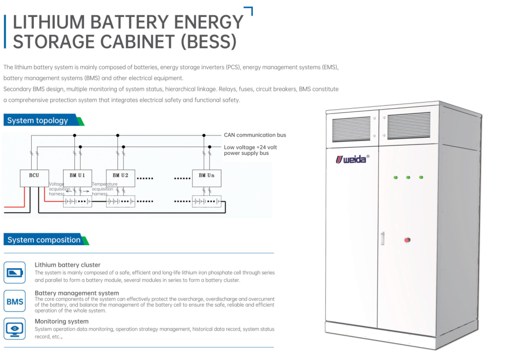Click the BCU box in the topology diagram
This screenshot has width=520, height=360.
coord(34,175)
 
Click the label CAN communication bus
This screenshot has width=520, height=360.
coord(255,135)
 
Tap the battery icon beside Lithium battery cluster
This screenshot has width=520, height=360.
coord(15,272)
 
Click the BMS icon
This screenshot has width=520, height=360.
coord(15,302)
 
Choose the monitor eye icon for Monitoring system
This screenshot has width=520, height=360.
coord(15,328)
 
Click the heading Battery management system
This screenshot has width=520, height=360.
coord(77,293)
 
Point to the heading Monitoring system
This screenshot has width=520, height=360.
coord(62,322)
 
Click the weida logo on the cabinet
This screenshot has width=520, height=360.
coord(352,159)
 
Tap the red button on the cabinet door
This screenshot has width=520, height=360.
coord(408,239)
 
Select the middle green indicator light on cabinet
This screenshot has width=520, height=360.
coord(408,177)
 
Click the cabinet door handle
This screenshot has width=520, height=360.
coord(382,238)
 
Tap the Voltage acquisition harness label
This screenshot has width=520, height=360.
coord(57,189)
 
